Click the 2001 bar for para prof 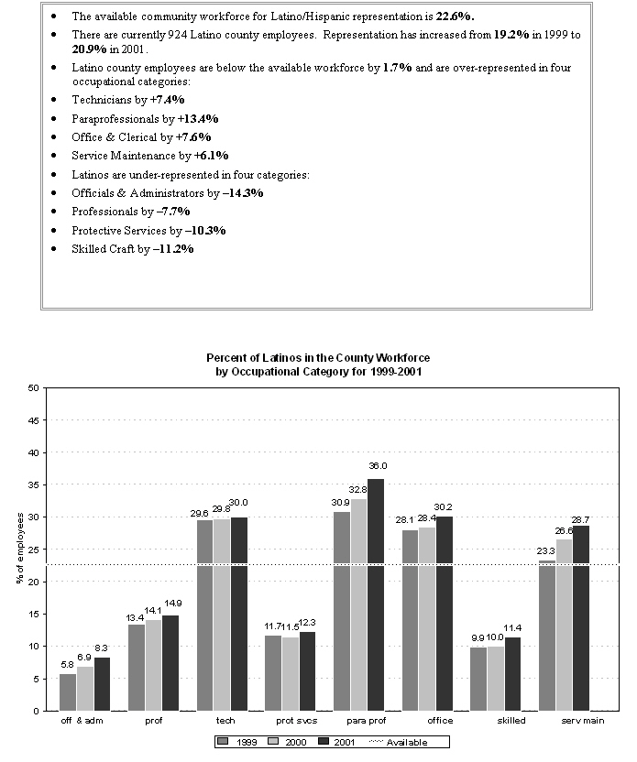click(x=376, y=595)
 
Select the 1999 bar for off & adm click(x=68, y=692)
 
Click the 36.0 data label click(x=378, y=466)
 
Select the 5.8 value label click(x=67, y=664)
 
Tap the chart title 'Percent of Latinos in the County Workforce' click(x=318, y=358)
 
